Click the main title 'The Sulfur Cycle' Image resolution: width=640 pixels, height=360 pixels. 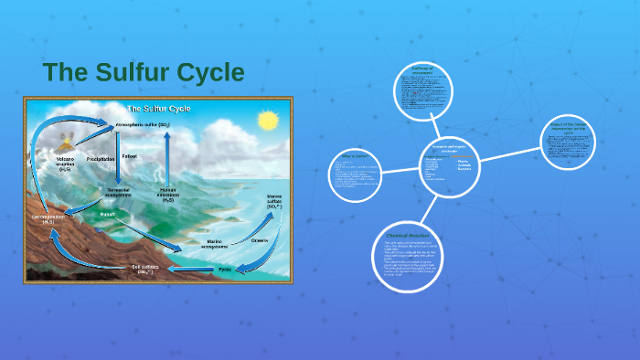144,71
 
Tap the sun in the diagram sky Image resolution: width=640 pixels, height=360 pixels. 267,121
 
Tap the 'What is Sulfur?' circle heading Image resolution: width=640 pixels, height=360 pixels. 353,156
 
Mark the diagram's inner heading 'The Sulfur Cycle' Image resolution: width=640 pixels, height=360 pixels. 157,108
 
